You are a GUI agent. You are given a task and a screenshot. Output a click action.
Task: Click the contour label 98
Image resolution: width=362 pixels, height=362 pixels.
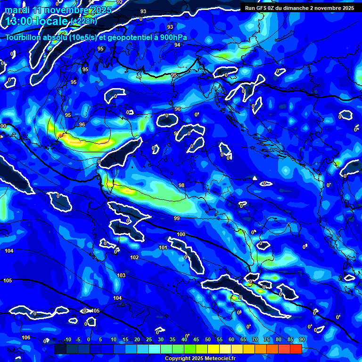pos(181,186)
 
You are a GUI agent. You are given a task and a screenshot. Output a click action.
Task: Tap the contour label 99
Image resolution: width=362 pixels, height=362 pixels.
pos(177,218)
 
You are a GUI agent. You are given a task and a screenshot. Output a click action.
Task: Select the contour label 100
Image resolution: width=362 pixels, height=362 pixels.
pos(181,234)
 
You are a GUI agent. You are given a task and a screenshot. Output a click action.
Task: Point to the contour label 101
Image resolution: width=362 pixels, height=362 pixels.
pos(163,247)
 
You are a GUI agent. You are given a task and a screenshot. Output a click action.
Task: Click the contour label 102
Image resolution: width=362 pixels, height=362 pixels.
pos(134,257)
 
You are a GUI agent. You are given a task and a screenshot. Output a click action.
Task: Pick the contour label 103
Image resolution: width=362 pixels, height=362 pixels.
pos(121,275)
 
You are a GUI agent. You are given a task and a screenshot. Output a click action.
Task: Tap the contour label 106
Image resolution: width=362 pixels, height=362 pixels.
pos(26,337)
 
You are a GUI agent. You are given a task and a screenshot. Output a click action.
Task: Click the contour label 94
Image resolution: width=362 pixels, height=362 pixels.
pos(177,45)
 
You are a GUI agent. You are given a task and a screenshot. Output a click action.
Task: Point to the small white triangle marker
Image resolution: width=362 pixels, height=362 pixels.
pos(255,178)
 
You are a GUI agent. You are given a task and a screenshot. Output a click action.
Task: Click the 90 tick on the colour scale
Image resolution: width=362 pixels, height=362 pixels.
pos(302,339)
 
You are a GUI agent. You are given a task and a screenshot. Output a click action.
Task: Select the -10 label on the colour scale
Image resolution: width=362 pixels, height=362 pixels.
pos(67,339)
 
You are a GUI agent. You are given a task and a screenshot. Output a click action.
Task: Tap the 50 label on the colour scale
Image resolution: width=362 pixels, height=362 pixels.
pos(208,339)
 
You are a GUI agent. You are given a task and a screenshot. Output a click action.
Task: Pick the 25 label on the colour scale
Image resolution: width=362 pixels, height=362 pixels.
pos(149,339)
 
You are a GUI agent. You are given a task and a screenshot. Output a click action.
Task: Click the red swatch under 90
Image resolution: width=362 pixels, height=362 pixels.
pos(296,349)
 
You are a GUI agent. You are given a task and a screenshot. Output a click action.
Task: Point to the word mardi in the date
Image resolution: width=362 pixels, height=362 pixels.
pos(16,10)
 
